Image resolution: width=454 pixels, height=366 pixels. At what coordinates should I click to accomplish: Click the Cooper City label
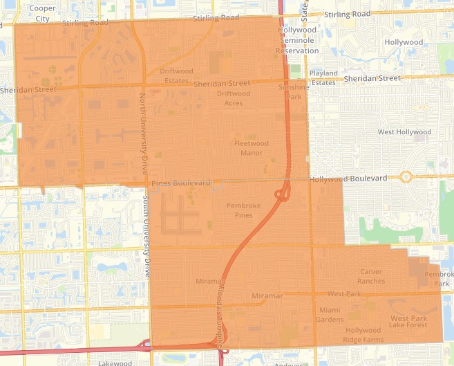point(43,13)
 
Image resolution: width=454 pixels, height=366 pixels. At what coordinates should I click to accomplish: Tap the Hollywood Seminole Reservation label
point(297,40)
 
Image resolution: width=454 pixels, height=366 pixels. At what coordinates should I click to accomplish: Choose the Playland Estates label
point(323,77)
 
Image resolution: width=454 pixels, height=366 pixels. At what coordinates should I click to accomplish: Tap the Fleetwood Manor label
point(252,148)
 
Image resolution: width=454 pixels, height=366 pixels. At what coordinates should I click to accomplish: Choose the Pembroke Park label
point(439,279)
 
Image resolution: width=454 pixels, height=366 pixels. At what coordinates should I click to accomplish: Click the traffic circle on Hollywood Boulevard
point(406,177)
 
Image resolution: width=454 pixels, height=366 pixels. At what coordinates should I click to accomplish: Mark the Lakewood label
point(115,363)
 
